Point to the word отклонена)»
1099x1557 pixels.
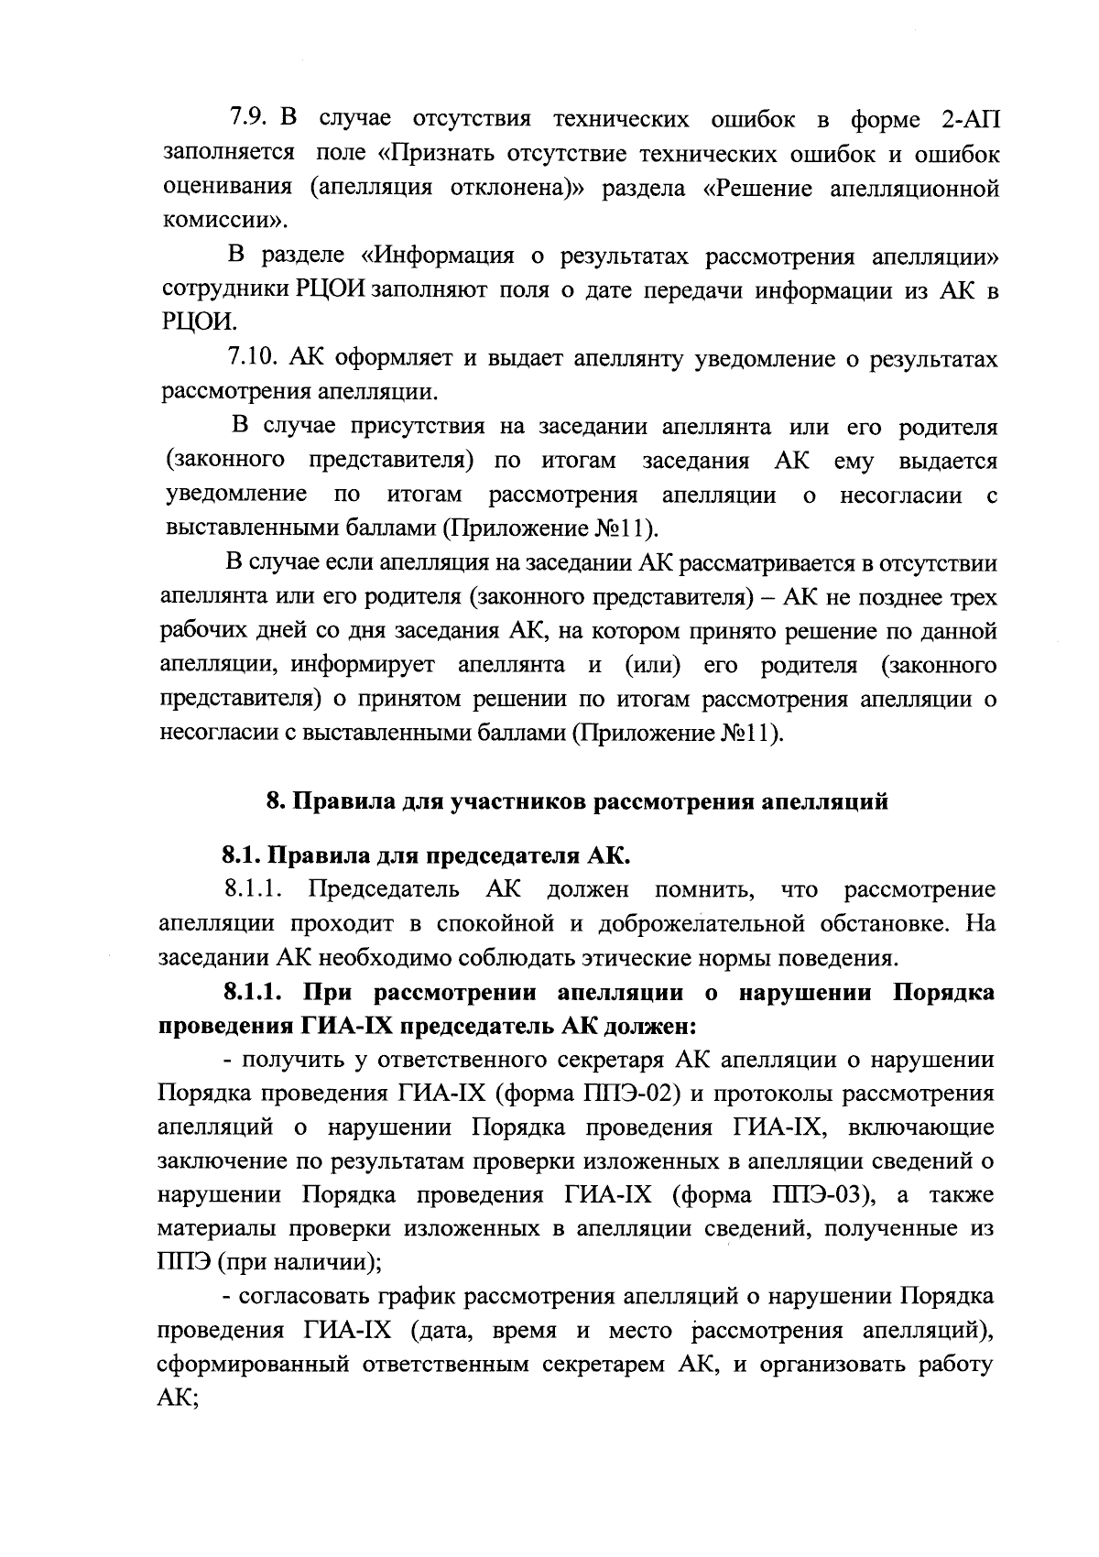point(523,188)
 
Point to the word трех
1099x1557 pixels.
point(972,597)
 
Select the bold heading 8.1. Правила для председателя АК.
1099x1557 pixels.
point(427,856)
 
